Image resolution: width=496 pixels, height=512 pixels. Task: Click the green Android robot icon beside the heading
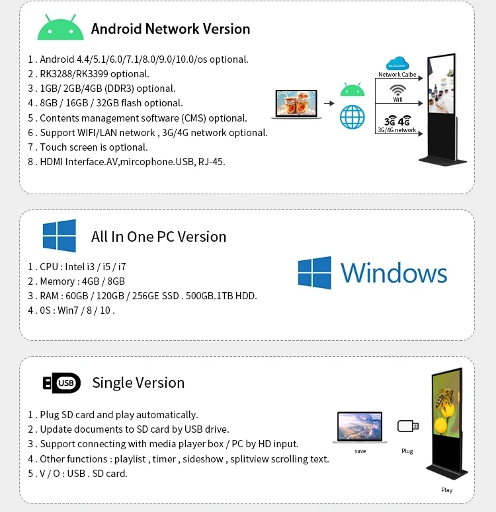[61, 28]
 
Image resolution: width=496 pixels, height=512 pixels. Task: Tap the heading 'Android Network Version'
[171, 29]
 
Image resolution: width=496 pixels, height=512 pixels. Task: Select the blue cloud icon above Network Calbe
[397, 63]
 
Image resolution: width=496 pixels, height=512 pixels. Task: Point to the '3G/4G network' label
[397, 130]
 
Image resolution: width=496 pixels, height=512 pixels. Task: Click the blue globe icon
[352, 117]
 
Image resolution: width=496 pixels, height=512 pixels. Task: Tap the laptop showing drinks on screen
[296, 104]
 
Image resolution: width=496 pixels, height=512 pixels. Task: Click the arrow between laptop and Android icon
[329, 103]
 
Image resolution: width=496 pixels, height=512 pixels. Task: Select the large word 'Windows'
[394, 273]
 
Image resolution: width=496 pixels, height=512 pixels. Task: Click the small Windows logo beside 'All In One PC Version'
[60, 236]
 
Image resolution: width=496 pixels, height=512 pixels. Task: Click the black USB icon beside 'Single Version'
[62, 383]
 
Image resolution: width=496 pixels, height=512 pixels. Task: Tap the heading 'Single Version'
[138, 383]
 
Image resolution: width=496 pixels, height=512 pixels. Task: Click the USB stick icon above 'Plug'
[407, 426]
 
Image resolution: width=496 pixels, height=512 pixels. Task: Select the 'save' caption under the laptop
[360, 451]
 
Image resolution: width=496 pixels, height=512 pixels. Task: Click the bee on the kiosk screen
[446, 403]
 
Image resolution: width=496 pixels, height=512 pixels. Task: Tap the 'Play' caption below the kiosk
[447, 490]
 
